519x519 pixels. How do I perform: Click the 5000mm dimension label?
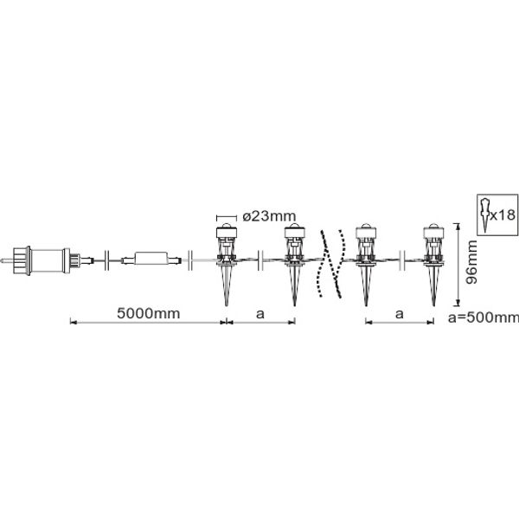coord(148,313)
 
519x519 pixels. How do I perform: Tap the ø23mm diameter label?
coord(269,216)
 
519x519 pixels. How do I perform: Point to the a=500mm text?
coord(484,317)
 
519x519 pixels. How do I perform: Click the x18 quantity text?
coord(503,215)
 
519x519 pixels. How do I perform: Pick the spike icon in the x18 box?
coord(485,215)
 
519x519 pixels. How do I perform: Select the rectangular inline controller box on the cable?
coord(151,258)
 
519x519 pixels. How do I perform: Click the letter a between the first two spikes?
coord(260,313)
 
